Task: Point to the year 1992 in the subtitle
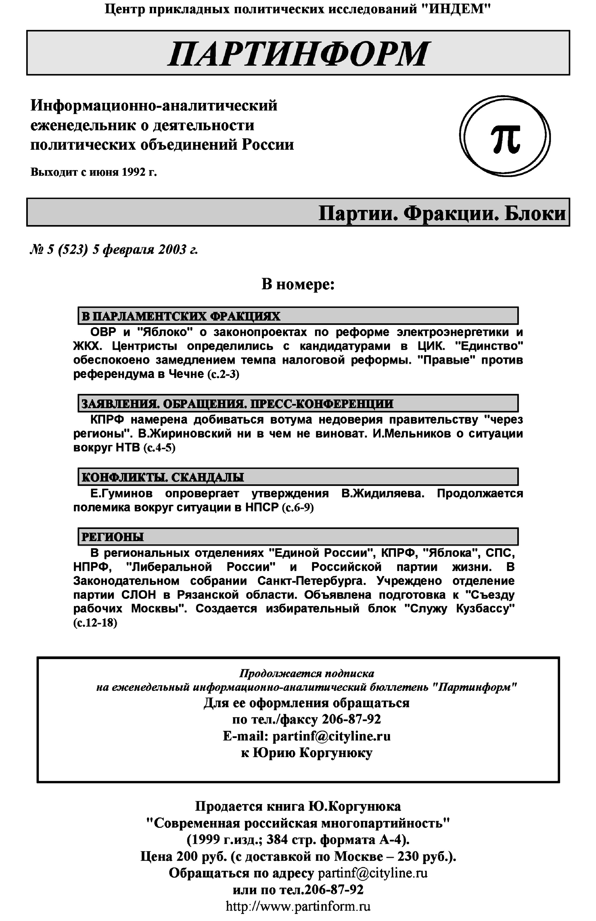(x=133, y=172)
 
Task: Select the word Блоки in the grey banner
(x=535, y=213)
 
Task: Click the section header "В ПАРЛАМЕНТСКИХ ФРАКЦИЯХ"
(x=181, y=316)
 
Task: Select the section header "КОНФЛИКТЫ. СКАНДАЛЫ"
(x=163, y=477)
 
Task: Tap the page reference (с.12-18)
(x=95, y=623)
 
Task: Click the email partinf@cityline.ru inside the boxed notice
(x=331, y=736)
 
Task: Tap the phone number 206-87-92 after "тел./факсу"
(x=351, y=719)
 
